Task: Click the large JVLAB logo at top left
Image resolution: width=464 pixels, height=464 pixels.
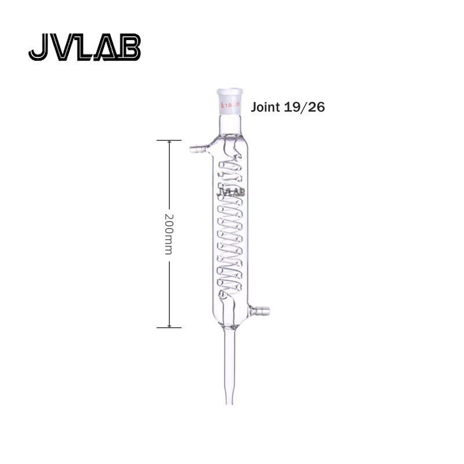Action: tap(85, 48)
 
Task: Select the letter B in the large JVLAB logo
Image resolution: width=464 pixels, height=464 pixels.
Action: tap(129, 48)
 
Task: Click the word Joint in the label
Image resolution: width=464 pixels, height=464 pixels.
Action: tap(265, 107)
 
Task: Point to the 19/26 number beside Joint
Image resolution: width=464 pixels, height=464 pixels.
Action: tap(304, 107)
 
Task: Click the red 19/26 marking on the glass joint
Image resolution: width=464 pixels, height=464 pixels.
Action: tap(230, 105)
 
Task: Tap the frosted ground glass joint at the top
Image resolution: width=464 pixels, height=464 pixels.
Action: tap(230, 101)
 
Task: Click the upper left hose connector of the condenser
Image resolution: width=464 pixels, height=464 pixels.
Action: tap(199, 148)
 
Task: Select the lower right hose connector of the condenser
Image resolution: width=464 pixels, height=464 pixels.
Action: tap(260, 311)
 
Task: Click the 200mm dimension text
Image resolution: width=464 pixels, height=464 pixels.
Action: tap(169, 234)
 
